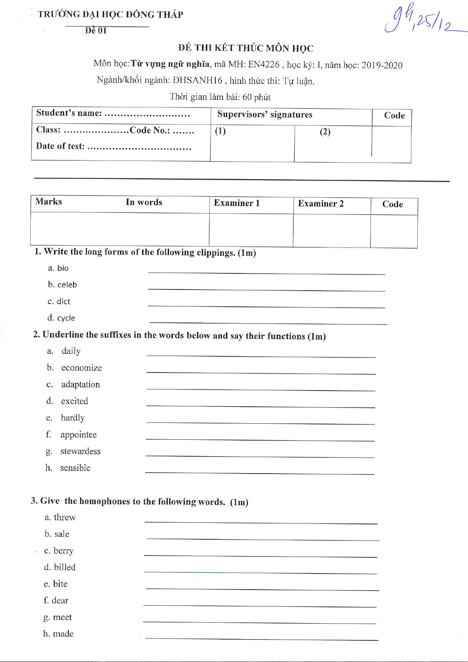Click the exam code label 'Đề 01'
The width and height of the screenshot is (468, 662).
pos(96,31)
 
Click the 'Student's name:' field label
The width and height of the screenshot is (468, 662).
pos(69,113)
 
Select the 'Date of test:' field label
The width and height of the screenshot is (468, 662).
pos(60,146)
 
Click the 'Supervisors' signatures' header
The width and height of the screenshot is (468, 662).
pos(264,115)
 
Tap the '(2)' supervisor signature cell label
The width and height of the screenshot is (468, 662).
pos(325,132)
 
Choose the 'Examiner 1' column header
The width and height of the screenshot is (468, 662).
pos(237,203)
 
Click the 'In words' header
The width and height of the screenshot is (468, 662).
pos(144,202)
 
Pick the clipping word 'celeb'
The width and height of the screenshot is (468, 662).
pos(67,285)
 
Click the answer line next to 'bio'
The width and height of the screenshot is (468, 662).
pos(266,273)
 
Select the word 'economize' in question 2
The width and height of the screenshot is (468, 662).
pos(81,368)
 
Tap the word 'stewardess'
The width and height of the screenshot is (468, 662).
pos(80,451)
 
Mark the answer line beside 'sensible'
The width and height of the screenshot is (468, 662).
pos(259,473)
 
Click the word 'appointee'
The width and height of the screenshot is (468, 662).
pos(78,435)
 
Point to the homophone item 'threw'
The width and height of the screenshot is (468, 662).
pos(64,517)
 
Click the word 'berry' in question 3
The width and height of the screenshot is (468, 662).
pos(63,551)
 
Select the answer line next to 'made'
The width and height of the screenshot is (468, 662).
pos(261,639)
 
